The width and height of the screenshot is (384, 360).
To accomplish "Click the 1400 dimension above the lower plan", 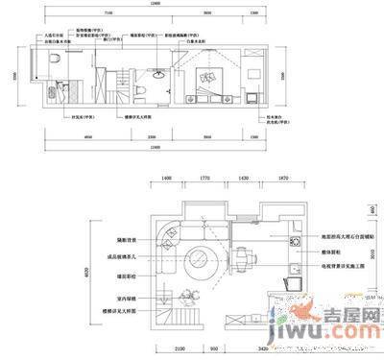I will [165, 180].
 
